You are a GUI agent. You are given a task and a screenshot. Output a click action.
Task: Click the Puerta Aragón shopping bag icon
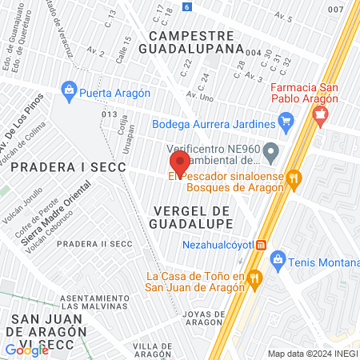(69, 92)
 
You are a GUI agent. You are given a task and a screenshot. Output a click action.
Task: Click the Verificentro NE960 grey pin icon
(272, 149)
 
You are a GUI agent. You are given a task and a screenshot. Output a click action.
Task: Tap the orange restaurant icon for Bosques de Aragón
(294, 179)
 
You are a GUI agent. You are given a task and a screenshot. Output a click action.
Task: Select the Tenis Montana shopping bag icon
(278, 258)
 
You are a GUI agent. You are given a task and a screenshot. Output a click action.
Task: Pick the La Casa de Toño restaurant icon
(255, 278)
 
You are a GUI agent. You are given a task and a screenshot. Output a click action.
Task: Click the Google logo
(26, 350)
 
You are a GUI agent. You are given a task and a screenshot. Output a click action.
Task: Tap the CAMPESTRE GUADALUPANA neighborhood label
(196, 42)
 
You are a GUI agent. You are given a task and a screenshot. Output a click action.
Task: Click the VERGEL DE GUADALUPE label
(191, 215)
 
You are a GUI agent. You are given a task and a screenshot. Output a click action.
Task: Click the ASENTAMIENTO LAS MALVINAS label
(94, 301)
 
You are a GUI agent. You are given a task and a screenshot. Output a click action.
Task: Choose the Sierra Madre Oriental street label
(61, 222)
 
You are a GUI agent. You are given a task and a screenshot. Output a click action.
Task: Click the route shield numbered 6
(187, 6)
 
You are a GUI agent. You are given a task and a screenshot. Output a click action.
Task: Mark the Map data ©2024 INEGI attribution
(310, 354)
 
